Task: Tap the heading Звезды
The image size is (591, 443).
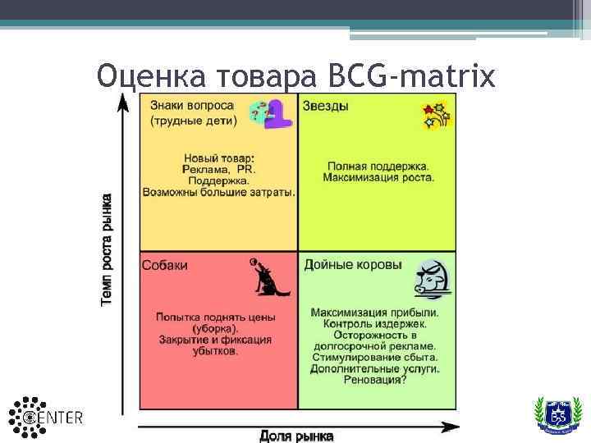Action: coord(326,107)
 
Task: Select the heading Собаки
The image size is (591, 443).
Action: coord(165,265)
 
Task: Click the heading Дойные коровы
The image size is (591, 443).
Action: coord(353,265)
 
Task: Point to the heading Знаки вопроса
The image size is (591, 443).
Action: coord(191,107)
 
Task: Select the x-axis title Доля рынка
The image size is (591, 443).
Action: coord(297,436)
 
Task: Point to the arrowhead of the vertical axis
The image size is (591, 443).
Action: coord(123,99)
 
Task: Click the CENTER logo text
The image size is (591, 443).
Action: coord(62,418)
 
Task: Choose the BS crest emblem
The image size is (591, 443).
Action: coord(557,414)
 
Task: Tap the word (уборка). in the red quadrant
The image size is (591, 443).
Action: coord(216,328)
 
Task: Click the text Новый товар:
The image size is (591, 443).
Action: coord(218,158)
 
